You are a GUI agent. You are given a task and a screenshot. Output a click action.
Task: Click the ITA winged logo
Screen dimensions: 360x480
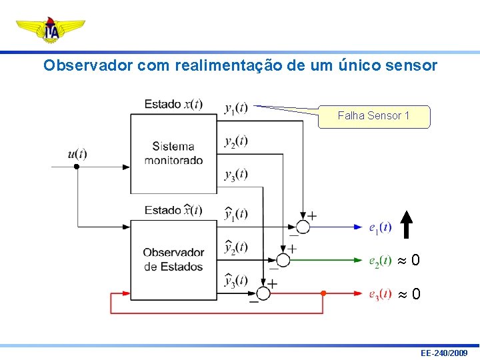tap(51, 29)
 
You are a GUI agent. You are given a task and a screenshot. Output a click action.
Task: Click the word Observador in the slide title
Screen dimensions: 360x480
tap(77, 65)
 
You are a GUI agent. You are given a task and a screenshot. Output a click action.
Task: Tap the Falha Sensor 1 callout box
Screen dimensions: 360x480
tap(373, 116)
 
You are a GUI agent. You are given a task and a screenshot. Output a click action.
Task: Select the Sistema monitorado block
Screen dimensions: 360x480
tap(173, 153)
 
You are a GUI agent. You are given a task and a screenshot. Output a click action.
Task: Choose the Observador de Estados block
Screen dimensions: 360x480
tap(173, 259)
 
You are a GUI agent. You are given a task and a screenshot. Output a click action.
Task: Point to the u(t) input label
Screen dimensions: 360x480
tap(77, 154)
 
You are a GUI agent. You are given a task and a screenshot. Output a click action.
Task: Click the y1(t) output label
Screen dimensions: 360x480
tap(236, 107)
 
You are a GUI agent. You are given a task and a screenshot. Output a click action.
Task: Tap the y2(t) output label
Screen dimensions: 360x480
tap(236, 141)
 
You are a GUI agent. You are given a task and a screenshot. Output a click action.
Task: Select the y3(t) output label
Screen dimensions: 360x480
tap(236, 174)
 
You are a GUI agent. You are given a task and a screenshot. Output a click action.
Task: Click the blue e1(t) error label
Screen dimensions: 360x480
tap(380, 228)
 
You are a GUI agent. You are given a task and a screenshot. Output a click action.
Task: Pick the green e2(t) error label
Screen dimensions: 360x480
tap(380, 261)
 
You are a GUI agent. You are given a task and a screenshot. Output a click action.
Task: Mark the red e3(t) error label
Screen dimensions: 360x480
tap(380, 294)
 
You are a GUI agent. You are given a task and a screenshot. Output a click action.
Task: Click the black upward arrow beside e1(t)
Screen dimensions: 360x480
tap(407, 224)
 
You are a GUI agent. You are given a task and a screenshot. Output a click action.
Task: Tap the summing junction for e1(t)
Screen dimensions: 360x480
tap(303, 227)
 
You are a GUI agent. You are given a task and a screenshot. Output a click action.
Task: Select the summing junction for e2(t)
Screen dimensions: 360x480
tap(283, 259)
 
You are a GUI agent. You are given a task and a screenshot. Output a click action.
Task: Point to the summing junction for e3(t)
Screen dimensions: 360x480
tap(263, 293)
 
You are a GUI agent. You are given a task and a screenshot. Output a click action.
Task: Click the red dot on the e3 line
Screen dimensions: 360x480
tap(323, 293)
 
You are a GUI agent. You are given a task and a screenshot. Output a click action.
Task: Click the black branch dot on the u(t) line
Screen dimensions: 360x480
tap(77, 167)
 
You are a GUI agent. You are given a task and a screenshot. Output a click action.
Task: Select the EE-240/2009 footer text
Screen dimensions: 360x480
tap(444, 352)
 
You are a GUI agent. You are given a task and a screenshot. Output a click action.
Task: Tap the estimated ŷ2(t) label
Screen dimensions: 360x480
tap(236, 247)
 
